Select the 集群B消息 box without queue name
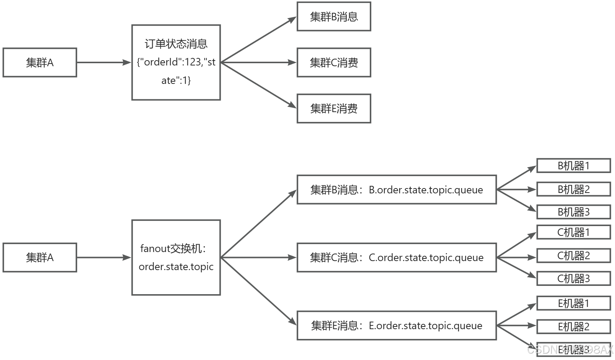tap(334, 17)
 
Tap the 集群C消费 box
tap(334, 62)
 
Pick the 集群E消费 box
tap(334, 108)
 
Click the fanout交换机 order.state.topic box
tap(176, 257)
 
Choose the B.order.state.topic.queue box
tap(396, 190)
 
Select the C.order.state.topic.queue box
tap(396, 257)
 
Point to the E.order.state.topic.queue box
tap(396, 325)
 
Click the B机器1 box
tap(573, 166)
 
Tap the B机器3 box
tap(573, 212)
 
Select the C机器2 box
tap(573, 256)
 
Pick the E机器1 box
tap(573, 303)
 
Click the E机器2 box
tap(573, 327)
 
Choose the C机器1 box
tap(573, 232)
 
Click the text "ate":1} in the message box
tap(176, 81)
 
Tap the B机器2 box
tap(573, 189)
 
